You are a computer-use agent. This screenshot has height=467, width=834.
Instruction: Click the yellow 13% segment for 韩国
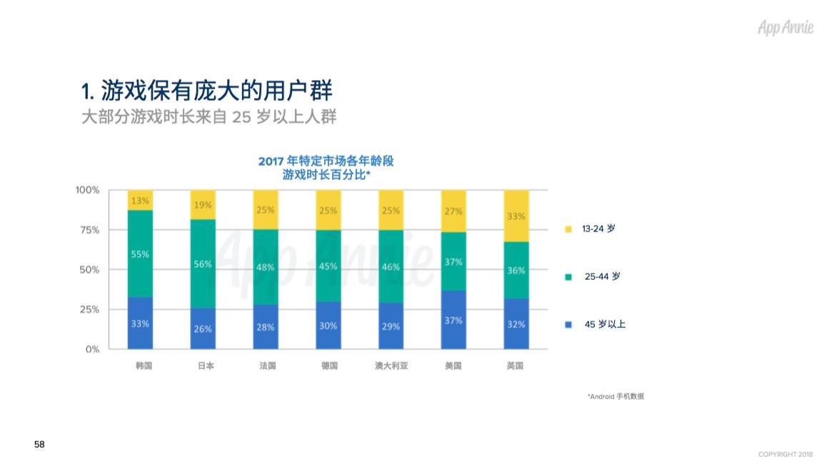(x=140, y=201)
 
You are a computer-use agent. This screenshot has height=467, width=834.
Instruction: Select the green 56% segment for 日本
(x=203, y=263)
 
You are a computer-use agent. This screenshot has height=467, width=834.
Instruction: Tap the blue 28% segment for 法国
(x=266, y=326)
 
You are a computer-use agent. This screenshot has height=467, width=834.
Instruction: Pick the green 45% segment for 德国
(x=328, y=266)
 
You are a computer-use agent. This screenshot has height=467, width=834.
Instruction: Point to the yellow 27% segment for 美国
(x=453, y=211)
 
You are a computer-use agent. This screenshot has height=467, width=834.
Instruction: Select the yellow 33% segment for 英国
(x=516, y=216)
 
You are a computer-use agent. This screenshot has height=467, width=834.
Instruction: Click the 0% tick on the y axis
(x=93, y=349)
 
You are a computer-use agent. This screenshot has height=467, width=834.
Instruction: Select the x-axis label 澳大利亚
(x=391, y=366)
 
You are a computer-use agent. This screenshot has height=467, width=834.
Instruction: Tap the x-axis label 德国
(x=328, y=366)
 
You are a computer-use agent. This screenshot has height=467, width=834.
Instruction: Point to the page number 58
(x=39, y=445)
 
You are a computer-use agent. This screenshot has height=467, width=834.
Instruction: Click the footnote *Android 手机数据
(x=616, y=396)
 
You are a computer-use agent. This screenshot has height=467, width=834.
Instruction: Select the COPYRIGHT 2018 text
(x=785, y=455)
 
